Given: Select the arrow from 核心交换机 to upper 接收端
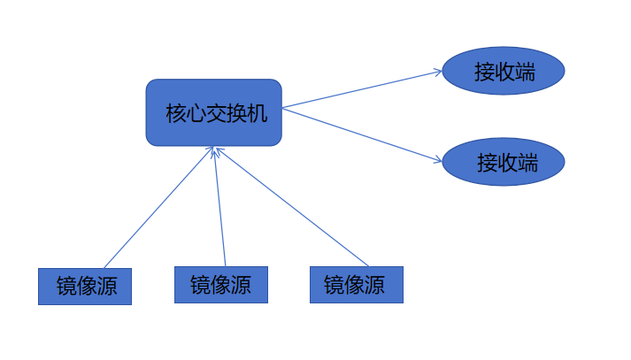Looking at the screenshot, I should point(363,89).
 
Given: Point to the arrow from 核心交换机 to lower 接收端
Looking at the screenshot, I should point(363,134).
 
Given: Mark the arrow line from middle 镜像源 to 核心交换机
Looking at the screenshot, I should point(219,207).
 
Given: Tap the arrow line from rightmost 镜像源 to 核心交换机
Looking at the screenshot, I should point(292,207).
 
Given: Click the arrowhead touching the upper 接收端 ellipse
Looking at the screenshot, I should point(437,73).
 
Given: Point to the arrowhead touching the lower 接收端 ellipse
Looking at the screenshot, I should point(437,160).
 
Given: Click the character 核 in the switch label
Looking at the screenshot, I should point(175,113).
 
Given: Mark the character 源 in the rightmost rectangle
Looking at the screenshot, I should point(375,285).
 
